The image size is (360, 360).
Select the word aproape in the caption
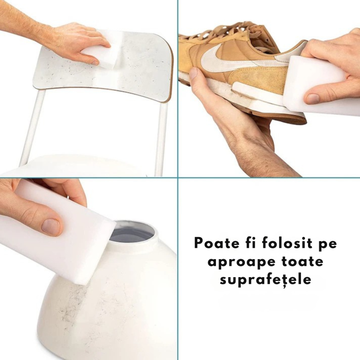pyautogui.click(x=236, y=262)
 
